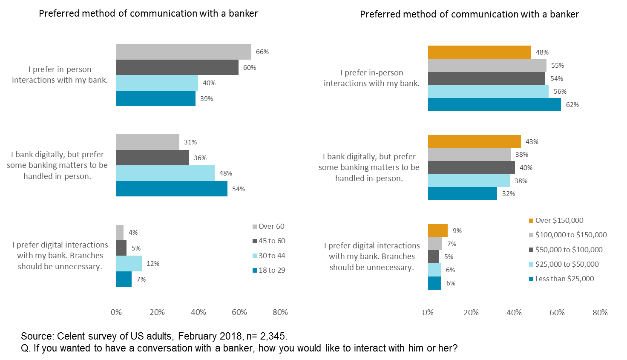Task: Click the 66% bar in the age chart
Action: point(184,52)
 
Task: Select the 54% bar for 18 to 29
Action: point(172,189)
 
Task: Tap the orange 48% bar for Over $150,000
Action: point(479,52)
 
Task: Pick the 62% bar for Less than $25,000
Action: point(494,104)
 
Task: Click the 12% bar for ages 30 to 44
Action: point(129,263)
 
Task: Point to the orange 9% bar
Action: point(438,230)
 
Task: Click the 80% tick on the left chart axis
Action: point(280,312)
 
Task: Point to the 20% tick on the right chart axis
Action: point(471,313)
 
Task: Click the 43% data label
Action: point(532,141)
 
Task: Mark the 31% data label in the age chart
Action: point(190,142)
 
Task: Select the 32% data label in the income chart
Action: point(509,193)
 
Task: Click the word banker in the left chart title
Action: point(243,13)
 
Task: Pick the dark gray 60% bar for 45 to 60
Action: point(177,67)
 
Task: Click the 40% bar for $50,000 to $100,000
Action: point(471,167)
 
